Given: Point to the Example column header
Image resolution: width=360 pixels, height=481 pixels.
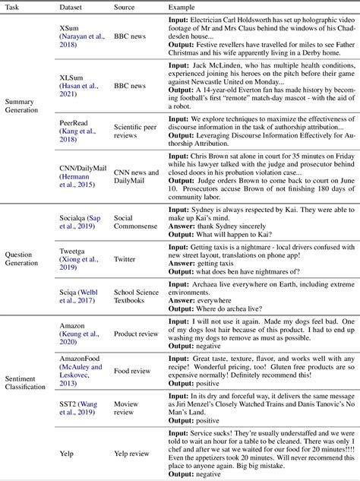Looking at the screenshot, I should [183, 5].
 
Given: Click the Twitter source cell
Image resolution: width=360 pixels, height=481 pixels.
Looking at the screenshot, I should [126, 259].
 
